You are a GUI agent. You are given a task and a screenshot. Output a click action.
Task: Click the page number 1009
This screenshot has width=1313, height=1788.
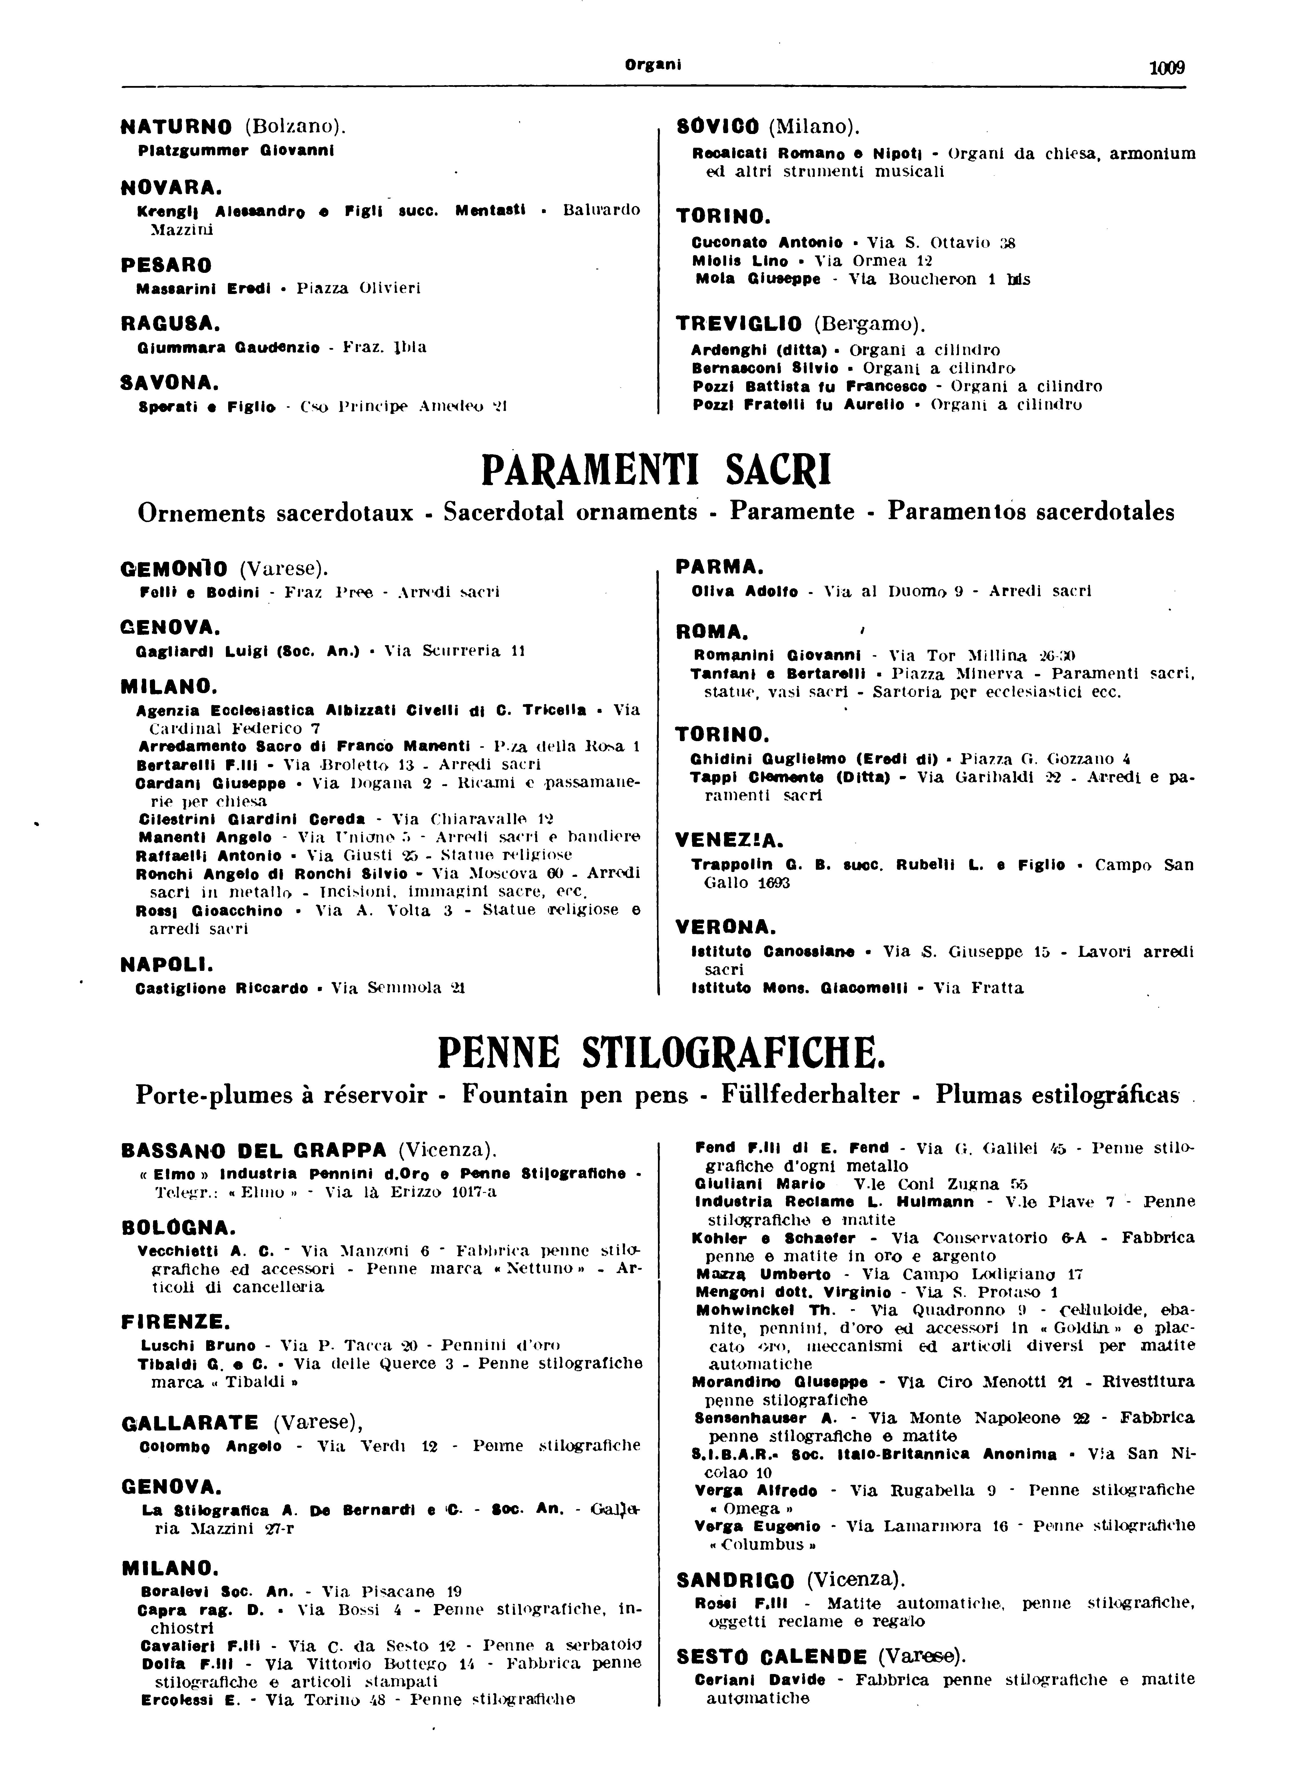(1167, 68)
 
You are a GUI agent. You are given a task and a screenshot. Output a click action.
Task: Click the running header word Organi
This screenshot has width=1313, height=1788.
(654, 65)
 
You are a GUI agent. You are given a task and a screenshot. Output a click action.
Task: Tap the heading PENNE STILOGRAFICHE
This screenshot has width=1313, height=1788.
(660, 1053)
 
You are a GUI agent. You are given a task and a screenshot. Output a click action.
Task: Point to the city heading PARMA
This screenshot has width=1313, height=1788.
(719, 567)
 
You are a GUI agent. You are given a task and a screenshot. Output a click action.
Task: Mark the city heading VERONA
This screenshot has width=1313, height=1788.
(725, 927)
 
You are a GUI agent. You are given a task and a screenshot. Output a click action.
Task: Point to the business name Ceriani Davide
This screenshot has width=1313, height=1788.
(759, 1679)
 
